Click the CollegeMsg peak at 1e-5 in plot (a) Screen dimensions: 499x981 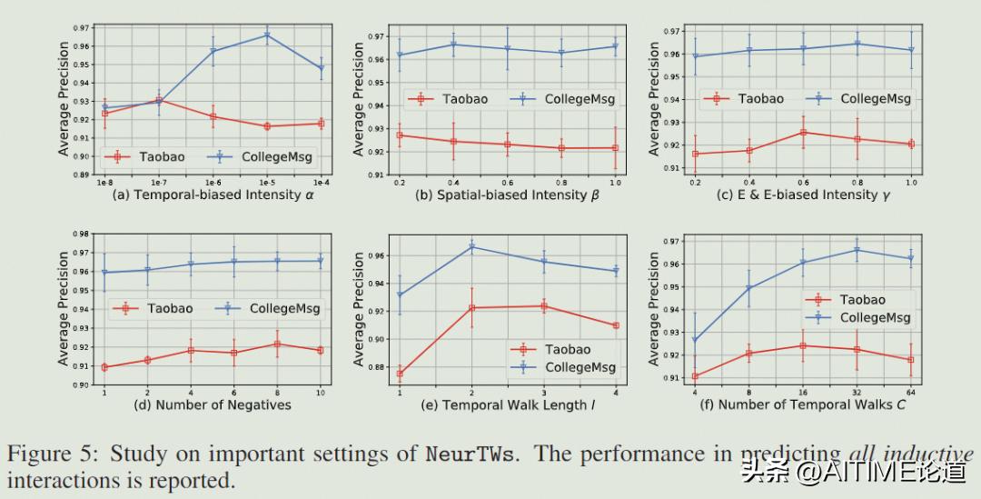tap(267, 35)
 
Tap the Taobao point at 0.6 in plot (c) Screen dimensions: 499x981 tap(803, 132)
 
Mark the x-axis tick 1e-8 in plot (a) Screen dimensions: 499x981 tap(105, 183)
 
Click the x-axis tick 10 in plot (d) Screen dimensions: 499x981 tap(319, 392)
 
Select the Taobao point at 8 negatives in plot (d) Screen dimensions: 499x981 tap(276, 344)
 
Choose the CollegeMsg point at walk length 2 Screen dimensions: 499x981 tap(471, 246)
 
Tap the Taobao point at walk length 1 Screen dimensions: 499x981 tap(401, 374)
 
